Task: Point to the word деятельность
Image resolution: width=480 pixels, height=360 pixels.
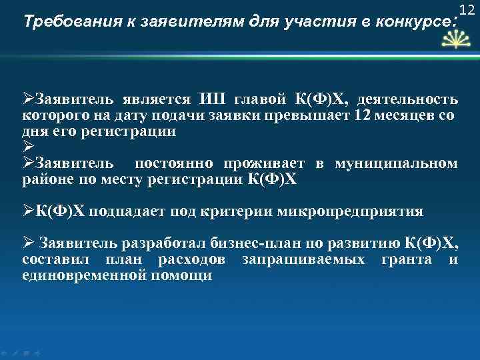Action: tap(407, 100)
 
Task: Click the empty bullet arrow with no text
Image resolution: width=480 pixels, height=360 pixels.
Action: tap(28, 147)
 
